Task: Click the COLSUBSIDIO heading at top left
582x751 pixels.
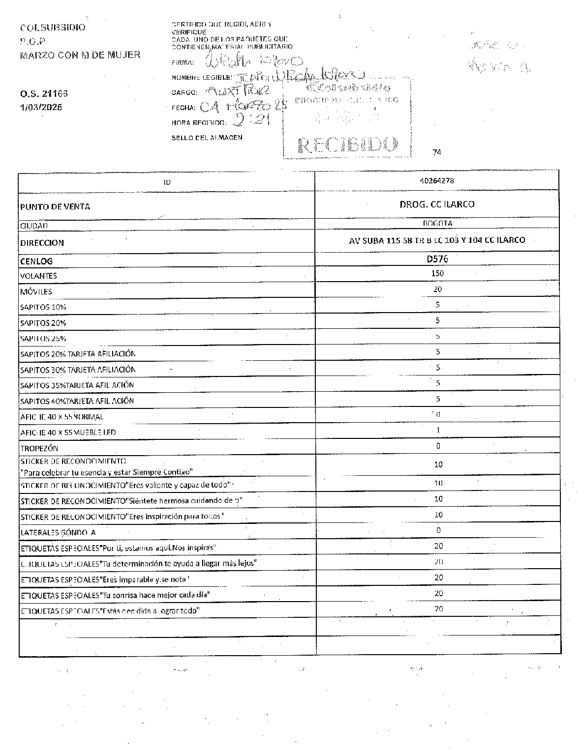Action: pos(53,28)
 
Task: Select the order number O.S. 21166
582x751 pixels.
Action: pos(44,93)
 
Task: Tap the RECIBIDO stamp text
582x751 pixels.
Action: pos(347,145)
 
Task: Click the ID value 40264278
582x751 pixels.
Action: pos(437,180)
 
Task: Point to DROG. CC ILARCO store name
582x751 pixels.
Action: pos(437,204)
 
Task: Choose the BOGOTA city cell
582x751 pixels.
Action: pos(437,223)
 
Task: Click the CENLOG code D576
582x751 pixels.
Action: pos(437,259)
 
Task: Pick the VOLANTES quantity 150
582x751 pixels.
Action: pos(437,273)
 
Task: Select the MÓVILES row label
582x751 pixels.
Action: pos(36,291)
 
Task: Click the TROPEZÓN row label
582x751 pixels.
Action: pos(39,448)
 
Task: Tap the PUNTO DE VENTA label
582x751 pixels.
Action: pos(55,207)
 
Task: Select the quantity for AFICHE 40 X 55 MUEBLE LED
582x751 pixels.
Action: pos(438,430)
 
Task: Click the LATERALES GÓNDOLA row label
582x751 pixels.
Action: pos(58,532)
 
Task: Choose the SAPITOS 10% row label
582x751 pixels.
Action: pos(43,307)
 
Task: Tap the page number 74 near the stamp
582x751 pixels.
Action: pos(437,152)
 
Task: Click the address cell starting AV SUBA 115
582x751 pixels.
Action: pos(437,240)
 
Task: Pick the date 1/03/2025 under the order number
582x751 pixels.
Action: pos(41,108)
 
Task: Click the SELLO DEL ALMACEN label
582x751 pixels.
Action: pos(207,138)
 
